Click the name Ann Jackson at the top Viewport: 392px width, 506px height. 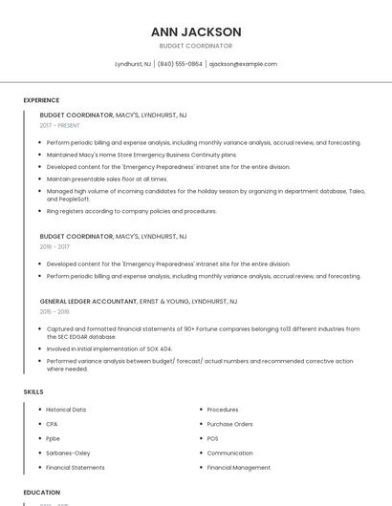click(x=196, y=32)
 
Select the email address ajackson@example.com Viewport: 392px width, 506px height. click(x=243, y=64)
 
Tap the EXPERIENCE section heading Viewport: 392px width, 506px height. click(x=41, y=100)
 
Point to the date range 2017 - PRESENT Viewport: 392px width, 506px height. click(x=60, y=125)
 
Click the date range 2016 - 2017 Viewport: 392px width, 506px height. click(x=54, y=246)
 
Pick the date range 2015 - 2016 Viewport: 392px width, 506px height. click(x=54, y=311)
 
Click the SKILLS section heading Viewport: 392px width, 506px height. click(x=33, y=392)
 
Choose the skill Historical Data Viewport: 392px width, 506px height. click(x=66, y=409)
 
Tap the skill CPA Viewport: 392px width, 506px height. click(x=52, y=423)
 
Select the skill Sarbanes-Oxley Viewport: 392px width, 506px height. click(x=68, y=453)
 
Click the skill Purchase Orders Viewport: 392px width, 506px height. click(x=229, y=423)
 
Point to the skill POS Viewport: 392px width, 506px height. click(x=213, y=438)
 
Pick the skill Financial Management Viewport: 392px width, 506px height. click(x=238, y=468)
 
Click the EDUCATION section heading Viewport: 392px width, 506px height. click(x=41, y=493)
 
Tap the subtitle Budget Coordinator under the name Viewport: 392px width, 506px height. click(x=196, y=46)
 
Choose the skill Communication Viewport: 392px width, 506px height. click(x=229, y=453)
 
